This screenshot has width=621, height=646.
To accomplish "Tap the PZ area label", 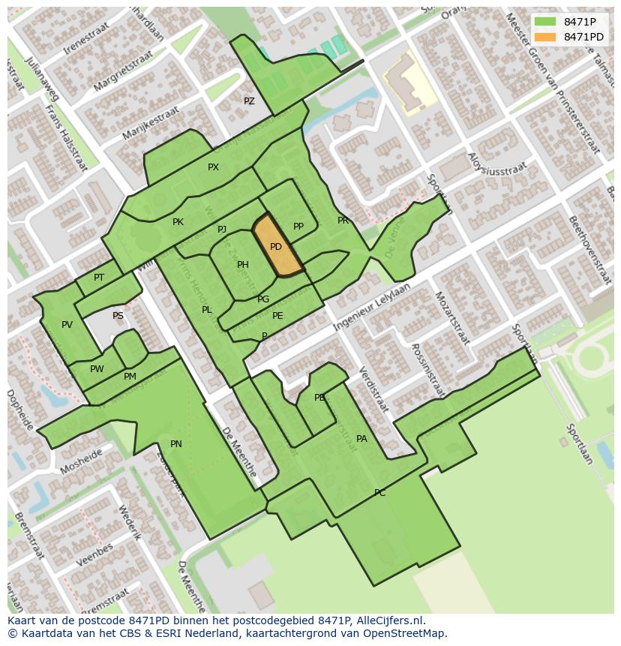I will pos(249,101).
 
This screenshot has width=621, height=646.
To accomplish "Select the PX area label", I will pos(213,167).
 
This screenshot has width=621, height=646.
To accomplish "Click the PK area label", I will pos(178,222).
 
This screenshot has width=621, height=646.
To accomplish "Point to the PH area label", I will pos(242,265).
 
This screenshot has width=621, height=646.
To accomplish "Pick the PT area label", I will pos(99,278).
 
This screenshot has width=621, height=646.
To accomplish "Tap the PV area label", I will pos(67,325).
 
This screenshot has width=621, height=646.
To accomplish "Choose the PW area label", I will pos(97,369).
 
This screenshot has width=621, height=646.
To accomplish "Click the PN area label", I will pos(175,444).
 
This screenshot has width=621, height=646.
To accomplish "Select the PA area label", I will pos(361,439).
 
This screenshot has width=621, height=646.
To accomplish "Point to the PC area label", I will pos(379,493).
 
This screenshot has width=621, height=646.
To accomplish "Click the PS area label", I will pos(118,316).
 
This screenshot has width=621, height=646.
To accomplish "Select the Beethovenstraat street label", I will pos(589,251).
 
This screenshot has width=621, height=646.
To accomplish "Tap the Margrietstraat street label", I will pos(124,71).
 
